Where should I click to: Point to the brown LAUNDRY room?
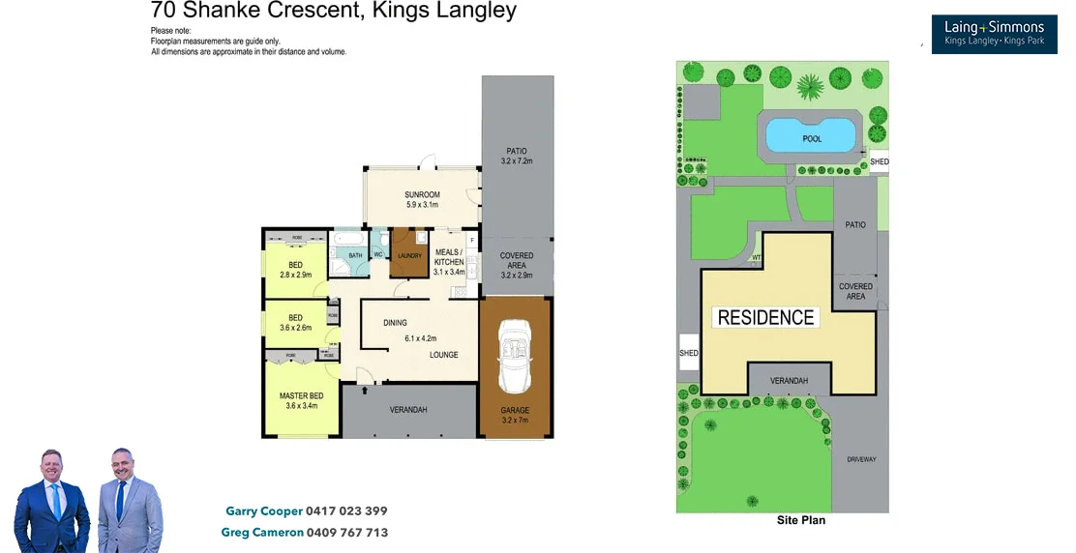[409, 255]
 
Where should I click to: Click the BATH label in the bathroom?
[355, 255]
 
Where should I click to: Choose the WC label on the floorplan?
[378, 255]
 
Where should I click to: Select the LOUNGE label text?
[444, 355]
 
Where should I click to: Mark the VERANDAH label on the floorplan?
[408, 410]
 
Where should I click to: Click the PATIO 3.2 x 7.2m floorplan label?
[518, 156]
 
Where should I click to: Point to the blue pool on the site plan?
[812, 135]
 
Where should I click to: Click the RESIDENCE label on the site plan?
[765, 317]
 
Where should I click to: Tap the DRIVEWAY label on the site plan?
[860, 459]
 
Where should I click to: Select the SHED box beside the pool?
[879, 161]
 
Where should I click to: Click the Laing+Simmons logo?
[994, 34]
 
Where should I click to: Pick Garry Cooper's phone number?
[346, 510]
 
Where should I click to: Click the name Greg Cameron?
[261, 533]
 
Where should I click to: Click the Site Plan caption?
[801, 520]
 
